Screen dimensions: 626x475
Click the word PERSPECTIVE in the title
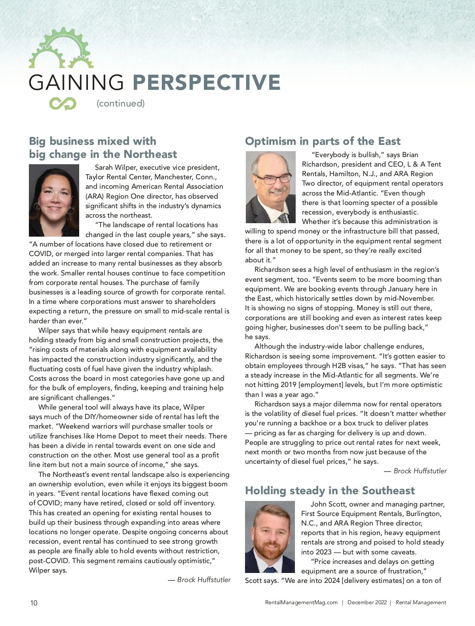(206, 82)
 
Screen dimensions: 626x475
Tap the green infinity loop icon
(63, 104)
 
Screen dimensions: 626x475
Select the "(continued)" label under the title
(121, 103)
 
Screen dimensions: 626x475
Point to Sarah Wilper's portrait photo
(54, 200)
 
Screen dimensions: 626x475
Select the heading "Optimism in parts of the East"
(323, 141)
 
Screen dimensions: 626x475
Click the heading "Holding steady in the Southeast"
(330, 491)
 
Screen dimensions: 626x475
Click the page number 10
(34, 603)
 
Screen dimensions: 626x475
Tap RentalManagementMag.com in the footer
(301, 603)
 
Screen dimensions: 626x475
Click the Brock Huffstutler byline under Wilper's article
(199, 580)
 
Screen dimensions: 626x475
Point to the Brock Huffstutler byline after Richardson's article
(416, 471)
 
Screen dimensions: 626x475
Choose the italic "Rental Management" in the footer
(421, 603)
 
